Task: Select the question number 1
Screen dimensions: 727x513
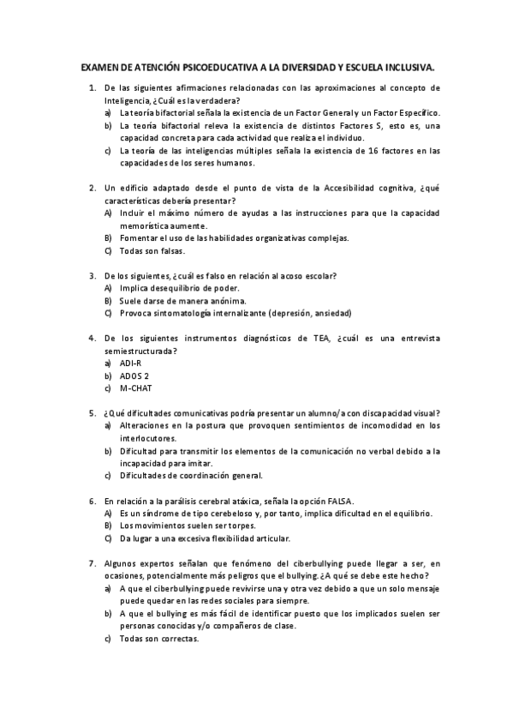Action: point(92,87)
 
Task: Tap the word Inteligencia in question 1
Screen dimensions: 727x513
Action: point(127,100)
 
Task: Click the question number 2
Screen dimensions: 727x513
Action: point(92,188)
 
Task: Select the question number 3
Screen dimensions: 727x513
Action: point(92,275)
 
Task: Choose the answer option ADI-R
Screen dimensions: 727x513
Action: point(131,363)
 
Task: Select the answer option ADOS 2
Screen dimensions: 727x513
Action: point(134,376)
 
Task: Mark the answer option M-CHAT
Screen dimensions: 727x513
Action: point(136,388)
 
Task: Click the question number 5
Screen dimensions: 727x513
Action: point(92,412)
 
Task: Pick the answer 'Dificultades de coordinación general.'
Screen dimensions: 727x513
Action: point(191,475)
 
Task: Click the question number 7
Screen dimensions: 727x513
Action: point(92,563)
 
